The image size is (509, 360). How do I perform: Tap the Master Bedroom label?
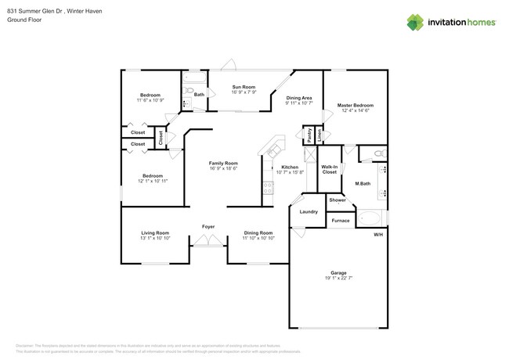pos(356,105)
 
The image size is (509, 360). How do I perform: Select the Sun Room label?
pos(244,87)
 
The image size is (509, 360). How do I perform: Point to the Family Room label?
pos(222,163)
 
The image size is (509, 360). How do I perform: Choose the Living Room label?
pos(155,232)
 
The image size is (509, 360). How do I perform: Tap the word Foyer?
pos(208,226)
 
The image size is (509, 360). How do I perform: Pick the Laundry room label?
pos(309,211)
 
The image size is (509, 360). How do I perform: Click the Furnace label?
pos(340,221)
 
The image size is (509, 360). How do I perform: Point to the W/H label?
pos(378,235)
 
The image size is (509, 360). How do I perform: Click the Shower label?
pos(337,200)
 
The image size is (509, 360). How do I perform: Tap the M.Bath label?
pos(363,185)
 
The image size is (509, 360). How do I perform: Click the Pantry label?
pos(309,134)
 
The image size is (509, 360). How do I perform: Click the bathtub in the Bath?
pos(194,78)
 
